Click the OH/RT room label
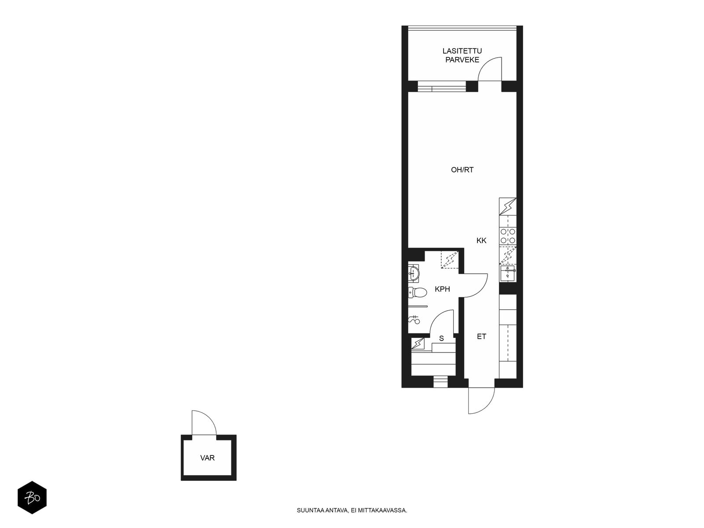point(462,170)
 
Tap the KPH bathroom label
point(442,289)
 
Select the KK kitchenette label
point(481,240)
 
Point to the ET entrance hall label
point(481,336)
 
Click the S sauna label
point(441,338)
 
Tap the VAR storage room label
point(208,458)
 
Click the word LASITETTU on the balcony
point(462,51)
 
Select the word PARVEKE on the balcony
point(462,60)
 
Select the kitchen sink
point(507,273)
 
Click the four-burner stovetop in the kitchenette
point(508,236)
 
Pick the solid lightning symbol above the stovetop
point(508,206)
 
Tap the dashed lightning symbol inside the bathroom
point(450,259)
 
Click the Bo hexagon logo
point(32,498)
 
